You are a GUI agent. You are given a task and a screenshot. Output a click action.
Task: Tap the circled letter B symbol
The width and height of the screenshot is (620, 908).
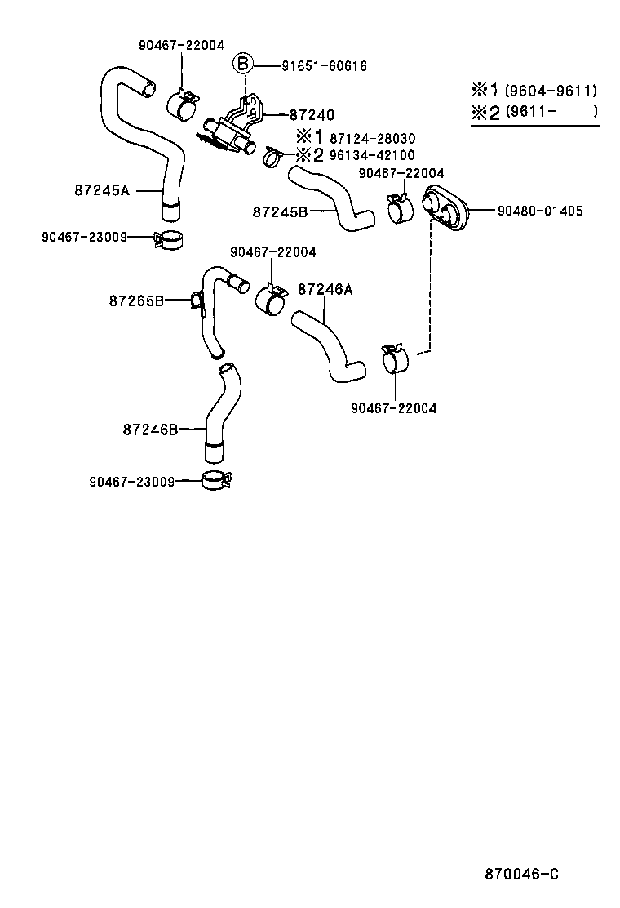click(244, 65)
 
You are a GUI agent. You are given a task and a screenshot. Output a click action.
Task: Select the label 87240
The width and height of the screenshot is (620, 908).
click(312, 115)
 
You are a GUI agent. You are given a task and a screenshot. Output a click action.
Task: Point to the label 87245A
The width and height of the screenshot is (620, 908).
click(102, 190)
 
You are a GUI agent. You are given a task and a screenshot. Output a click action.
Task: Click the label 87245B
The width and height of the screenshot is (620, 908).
click(280, 211)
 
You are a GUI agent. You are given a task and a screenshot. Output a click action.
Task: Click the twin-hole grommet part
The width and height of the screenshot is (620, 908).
click(449, 209)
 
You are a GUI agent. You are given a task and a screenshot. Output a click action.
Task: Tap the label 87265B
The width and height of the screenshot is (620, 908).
click(136, 300)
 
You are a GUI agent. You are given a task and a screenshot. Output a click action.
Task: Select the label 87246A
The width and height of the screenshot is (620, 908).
click(325, 288)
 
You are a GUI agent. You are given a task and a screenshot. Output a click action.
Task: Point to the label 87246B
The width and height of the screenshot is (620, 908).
click(150, 429)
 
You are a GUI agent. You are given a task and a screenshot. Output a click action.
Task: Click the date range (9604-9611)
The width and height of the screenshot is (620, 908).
click(551, 91)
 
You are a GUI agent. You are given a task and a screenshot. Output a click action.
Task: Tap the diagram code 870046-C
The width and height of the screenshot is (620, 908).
click(521, 874)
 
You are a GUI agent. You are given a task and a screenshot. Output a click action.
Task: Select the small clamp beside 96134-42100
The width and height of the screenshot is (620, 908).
click(274, 155)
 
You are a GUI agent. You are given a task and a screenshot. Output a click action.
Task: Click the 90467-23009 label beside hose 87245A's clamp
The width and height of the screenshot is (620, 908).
click(85, 237)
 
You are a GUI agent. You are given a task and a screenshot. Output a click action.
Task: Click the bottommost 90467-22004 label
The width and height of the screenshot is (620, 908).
click(393, 408)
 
